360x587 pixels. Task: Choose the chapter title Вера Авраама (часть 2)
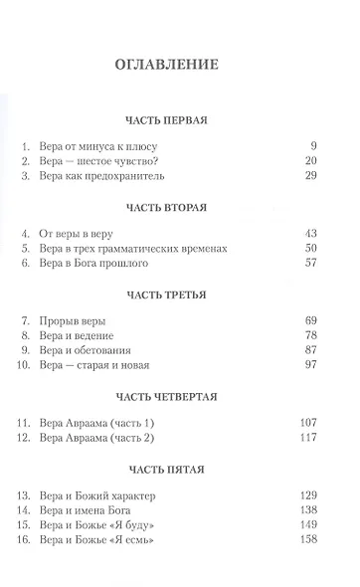point(107,438)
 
